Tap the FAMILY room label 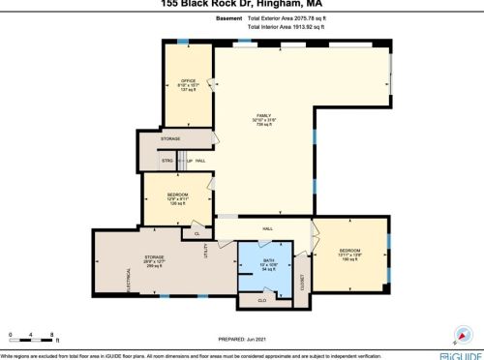coord(261,115)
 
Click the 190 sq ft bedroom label coord(350,252)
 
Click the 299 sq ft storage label coord(155,259)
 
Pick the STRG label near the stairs coord(166,161)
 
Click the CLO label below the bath coord(261,301)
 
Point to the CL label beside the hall coord(197,233)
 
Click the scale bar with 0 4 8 coord(34,336)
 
